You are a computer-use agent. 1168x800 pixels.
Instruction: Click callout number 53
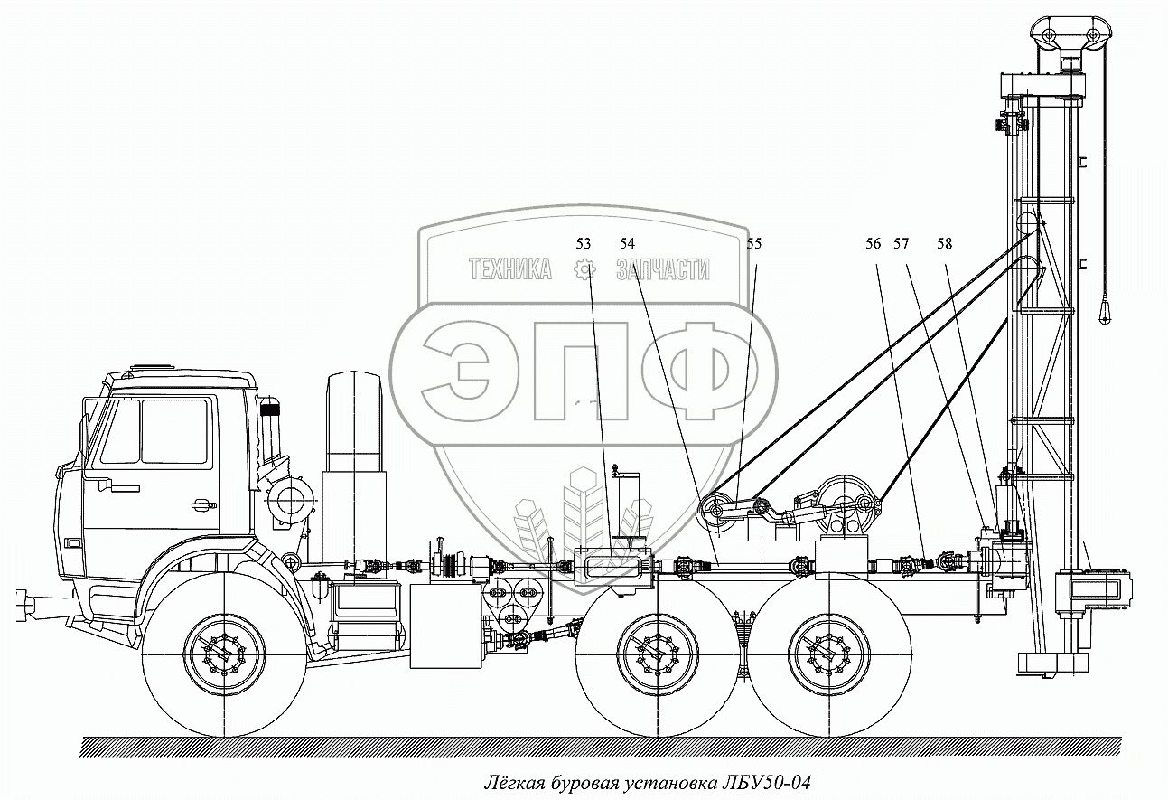pos(583,243)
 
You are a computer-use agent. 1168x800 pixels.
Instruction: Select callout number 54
pos(627,243)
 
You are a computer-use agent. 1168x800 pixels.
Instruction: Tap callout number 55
pos(754,243)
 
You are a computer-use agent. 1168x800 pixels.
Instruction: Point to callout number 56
pos(873,243)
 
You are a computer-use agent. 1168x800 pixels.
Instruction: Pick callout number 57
pos(901,243)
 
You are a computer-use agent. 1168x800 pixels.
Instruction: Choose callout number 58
pos(944,243)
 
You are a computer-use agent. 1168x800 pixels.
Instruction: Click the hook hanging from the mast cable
pos(1104,311)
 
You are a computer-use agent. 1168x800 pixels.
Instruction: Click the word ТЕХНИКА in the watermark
pos(509,269)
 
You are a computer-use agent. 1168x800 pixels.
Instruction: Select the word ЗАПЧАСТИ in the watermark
pos(661,269)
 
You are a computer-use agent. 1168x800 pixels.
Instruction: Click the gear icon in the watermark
pos(584,269)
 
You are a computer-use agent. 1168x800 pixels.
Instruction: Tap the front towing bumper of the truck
pos(32,604)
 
